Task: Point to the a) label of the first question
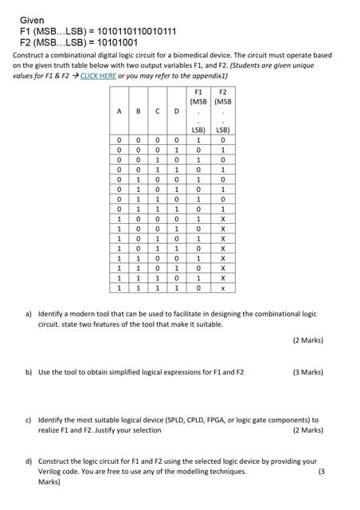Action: pyautogui.click(x=28, y=314)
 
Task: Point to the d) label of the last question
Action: pyautogui.click(x=28, y=461)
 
